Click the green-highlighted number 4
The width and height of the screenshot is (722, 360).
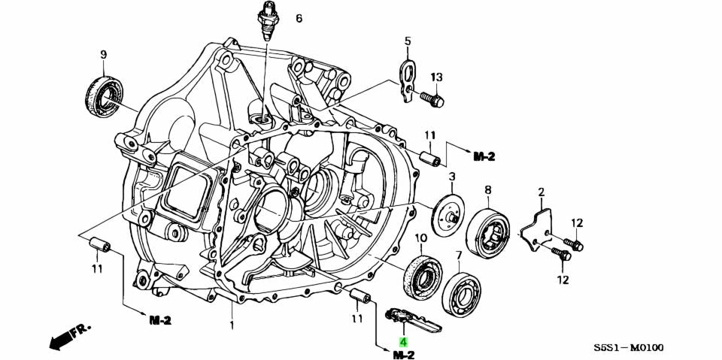pyautogui.click(x=403, y=342)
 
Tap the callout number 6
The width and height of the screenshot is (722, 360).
pyautogui.click(x=299, y=18)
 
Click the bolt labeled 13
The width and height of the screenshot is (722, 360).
pyautogui.click(x=432, y=98)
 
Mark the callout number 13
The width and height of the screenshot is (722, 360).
pyautogui.click(x=437, y=77)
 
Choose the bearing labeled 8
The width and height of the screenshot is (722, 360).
pyautogui.click(x=488, y=231)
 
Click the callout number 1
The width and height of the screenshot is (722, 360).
pyautogui.click(x=232, y=325)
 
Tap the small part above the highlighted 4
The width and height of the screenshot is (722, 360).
pyautogui.click(x=410, y=318)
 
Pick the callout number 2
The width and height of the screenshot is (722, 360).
pyautogui.click(x=541, y=194)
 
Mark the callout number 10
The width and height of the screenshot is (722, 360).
pyautogui.click(x=421, y=238)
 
